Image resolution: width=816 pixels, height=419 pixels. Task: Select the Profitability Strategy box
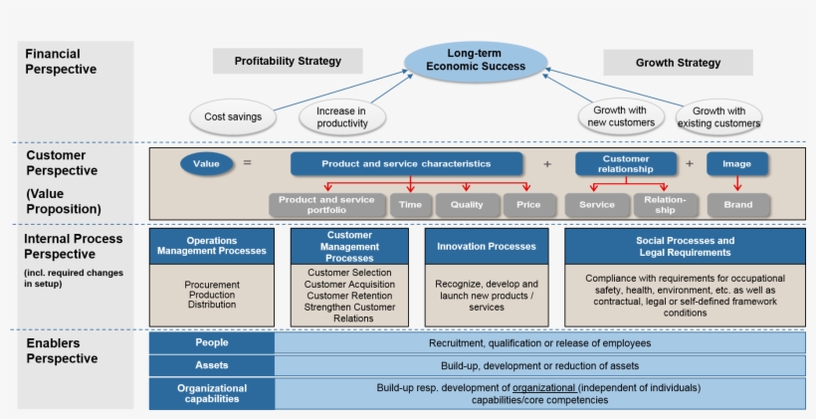(x=288, y=61)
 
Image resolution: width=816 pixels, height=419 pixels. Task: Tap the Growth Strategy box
(x=678, y=62)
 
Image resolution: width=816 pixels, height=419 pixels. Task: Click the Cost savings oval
(x=233, y=116)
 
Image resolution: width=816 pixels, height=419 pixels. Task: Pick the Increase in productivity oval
(x=342, y=117)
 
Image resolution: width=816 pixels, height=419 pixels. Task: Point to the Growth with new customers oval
(x=620, y=116)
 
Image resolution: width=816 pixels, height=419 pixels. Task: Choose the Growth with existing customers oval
(x=718, y=117)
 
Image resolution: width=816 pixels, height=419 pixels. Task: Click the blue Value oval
(x=206, y=163)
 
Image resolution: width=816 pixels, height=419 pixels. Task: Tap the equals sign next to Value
(x=247, y=163)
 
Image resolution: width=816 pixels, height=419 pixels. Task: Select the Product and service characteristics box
(x=405, y=163)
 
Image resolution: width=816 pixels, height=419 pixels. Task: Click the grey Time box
(x=410, y=205)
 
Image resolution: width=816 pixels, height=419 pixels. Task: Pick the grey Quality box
(x=467, y=205)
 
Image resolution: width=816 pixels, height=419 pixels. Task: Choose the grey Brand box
(x=738, y=205)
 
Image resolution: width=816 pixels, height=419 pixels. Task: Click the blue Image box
(x=737, y=163)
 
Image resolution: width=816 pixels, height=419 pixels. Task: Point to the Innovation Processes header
(x=486, y=246)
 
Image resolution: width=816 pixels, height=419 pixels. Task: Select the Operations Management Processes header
(x=211, y=246)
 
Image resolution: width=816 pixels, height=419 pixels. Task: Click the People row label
(x=211, y=342)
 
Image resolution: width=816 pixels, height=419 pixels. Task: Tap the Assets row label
(x=211, y=365)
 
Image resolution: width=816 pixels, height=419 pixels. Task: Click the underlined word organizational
(x=544, y=387)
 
